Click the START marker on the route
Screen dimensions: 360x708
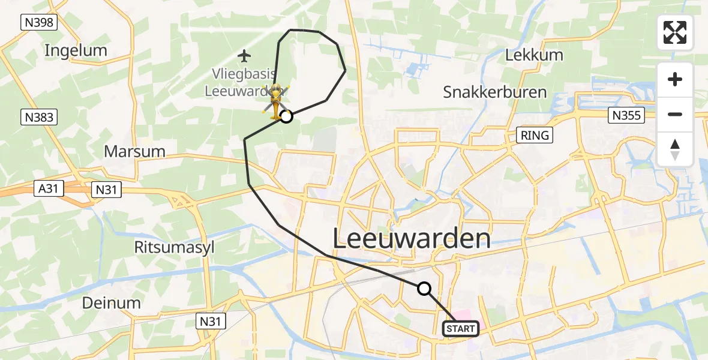(461, 328)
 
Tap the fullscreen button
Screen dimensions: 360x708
(675, 32)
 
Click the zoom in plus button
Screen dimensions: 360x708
(675, 79)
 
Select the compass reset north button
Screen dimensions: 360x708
(675, 149)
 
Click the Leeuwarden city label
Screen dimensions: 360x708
(411, 239)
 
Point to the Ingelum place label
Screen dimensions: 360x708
(76, 50)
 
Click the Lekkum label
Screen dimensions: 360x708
(534, 55)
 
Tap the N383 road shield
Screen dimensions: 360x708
(40, 118)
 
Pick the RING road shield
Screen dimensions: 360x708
(535, 135)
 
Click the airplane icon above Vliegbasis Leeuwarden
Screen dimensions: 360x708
(244, 56)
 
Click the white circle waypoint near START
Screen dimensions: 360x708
(424, 289)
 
